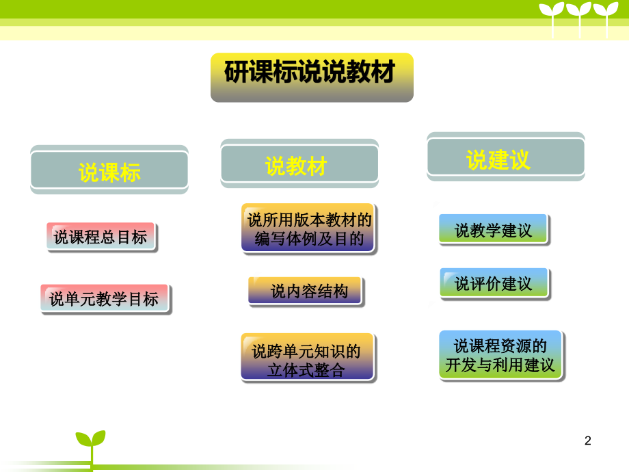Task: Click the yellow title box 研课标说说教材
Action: [312, 77]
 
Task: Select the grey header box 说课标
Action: [109, 170]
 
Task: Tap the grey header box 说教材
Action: [299, 163]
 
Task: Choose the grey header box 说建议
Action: [506, 157]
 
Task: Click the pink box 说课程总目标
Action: [101, 237]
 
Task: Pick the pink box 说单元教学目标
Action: [105, 299]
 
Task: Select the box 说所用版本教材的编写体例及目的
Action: [308, 228]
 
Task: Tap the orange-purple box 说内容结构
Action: [306, 291]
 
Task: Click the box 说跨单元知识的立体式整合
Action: [308, 358]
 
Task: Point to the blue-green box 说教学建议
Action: [494, 230]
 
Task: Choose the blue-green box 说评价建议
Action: [494, 283]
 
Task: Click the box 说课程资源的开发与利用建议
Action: [501, 355]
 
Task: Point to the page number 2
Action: [588, 441]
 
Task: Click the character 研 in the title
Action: [237, 72]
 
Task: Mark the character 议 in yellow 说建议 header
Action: [520, 160]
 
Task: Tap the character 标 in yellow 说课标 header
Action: [131, 173]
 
